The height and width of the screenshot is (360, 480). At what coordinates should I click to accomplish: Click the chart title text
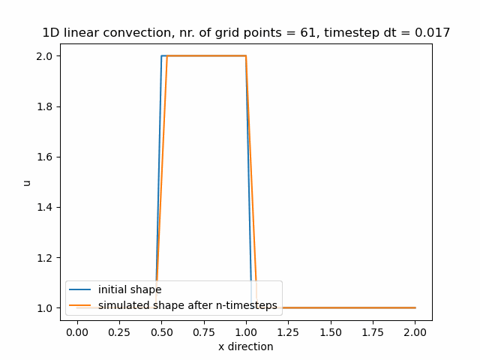tap(246, 33)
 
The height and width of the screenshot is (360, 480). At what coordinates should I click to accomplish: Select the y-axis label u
tap(28, 182)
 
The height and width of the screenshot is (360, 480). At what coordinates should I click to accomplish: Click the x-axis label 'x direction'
tap(246, 346)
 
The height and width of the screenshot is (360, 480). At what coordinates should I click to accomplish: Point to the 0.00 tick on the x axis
tap(77, 331)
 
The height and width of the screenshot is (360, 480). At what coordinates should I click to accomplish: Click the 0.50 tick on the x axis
tap(161, 331)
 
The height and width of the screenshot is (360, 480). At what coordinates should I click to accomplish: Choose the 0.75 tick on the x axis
tap(204, 331)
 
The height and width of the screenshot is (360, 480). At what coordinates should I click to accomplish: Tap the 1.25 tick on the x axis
tap(289, 331)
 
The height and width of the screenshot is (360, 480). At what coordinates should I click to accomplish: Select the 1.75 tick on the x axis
tap(373, 331)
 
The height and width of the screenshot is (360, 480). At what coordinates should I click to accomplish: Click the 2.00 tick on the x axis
tap(415, 331)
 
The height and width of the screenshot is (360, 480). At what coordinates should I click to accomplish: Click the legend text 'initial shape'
tap(130, 290)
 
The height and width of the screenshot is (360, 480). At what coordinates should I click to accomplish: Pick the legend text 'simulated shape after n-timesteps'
tap(187, 304)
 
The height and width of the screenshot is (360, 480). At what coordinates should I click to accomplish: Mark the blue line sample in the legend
tap(80, 290)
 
